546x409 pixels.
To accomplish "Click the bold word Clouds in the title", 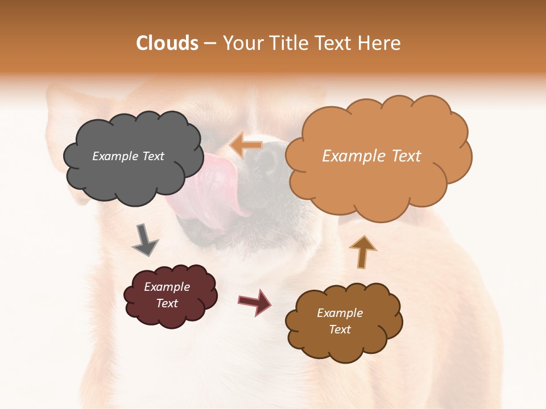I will coord(167,43).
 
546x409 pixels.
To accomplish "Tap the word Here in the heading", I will coord(379,43).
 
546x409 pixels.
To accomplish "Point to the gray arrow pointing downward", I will coord(144,239).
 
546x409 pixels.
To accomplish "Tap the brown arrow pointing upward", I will coord(362,252).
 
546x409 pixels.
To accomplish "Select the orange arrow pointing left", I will coord(246,145).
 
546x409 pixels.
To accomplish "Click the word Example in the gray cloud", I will coord(114,156).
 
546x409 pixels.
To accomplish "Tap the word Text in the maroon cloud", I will coord(167,304).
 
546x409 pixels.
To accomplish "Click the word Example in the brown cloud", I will coord(340,313).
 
